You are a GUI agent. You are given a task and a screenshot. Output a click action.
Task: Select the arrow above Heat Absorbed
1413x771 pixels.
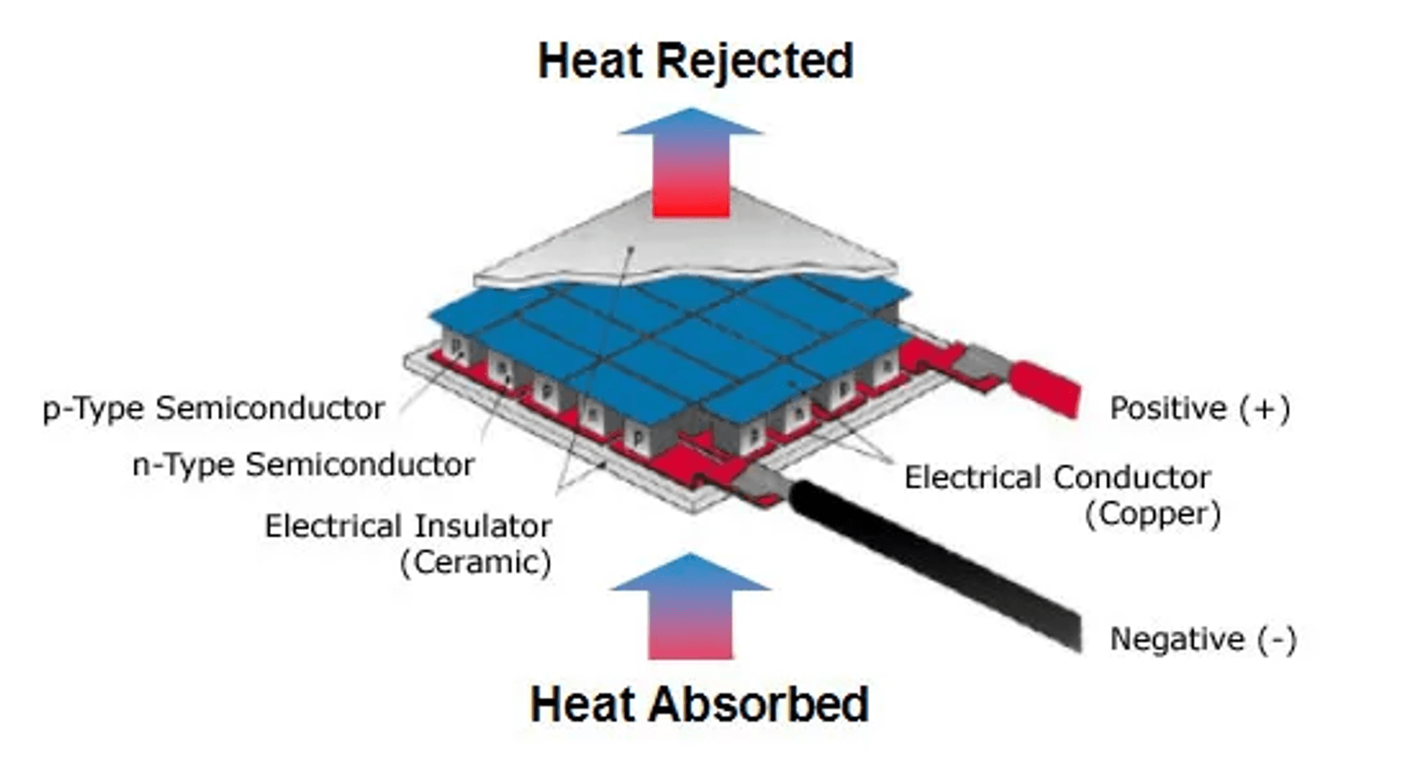[x=690, y=606]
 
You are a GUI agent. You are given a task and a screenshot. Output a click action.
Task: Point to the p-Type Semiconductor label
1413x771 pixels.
[x=213, y=409]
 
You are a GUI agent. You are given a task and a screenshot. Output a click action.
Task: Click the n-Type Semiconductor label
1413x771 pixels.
[x=303, y=465]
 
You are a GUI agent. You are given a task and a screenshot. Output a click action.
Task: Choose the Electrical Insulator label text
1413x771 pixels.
[x=408, y=526]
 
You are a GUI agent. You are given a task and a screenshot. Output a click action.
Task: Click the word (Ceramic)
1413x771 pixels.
[x=476, y=562]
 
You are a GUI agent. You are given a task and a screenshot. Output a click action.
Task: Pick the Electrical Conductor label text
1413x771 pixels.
[x=1057, y=478]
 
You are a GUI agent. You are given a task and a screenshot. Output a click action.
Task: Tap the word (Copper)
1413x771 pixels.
[x=1153, y=514]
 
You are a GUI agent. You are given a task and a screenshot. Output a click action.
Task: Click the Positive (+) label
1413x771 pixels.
[x=1200, y=409]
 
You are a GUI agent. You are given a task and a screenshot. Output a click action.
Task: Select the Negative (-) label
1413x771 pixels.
[x=1203, y=639]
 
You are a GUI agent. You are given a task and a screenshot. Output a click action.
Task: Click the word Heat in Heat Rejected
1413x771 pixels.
[x=590, y=61]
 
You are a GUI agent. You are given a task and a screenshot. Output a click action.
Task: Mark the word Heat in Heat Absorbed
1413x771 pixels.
[x=583, y=705]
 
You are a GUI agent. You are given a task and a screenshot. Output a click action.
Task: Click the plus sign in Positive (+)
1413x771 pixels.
[x=1264, y=409]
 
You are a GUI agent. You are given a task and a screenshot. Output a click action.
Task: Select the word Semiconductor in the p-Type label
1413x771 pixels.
[x=270, y=409]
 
